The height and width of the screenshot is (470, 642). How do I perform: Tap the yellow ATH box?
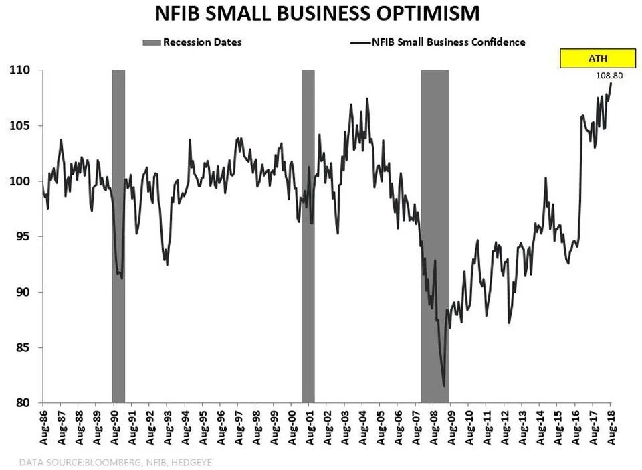tap(592, 59)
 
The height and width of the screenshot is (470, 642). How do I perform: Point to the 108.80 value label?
tap(609, 76)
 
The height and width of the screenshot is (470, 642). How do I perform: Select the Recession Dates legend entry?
tap(192, 42)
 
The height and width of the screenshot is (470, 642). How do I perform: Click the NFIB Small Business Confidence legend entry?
tap(438, 42)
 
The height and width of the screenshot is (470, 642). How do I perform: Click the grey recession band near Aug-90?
tap(118, 234)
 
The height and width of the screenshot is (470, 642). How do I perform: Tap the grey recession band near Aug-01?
tap(308, 234)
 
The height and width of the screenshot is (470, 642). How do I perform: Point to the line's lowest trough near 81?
tap(444, 386)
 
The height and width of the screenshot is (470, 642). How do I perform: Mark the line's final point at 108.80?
tap(611, 84)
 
